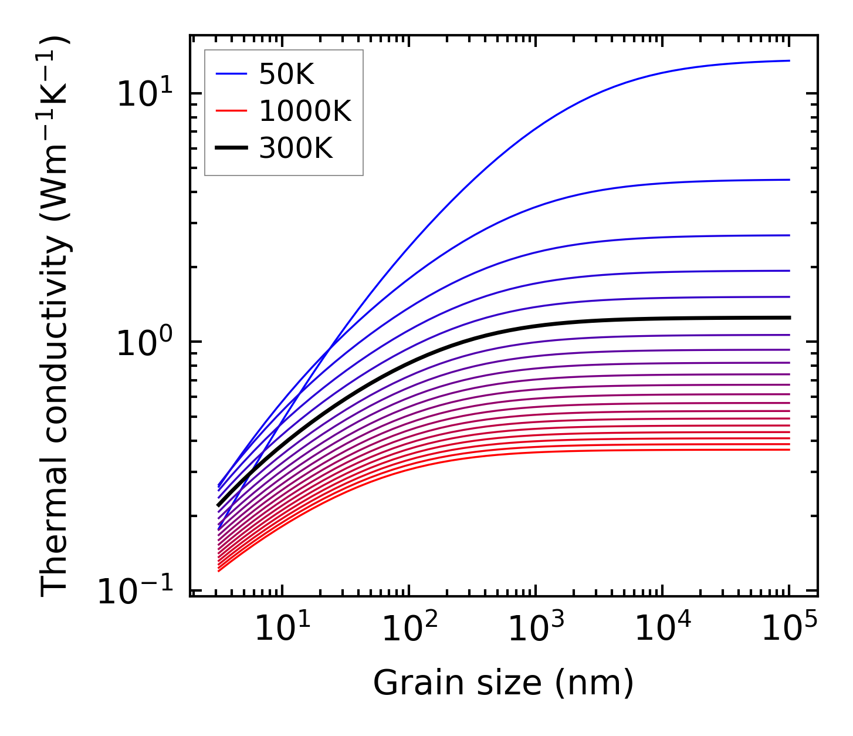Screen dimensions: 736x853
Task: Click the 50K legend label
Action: coord(287,75)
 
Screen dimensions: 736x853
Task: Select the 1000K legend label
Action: coord(305,112)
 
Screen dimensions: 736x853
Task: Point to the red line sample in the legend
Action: coord(232,112)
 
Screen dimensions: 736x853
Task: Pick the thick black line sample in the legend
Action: coord(232,148)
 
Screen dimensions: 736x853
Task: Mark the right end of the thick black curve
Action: coord(790,318)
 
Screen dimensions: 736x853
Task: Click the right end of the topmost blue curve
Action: coord(789,60)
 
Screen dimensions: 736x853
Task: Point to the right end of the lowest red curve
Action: coord(789,450)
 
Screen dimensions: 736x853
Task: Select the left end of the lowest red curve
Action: coord(218,570)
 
